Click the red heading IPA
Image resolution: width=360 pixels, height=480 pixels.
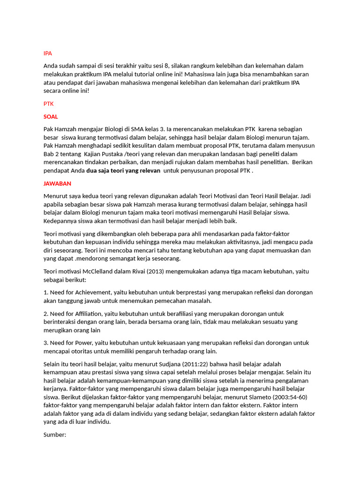click(47, 53)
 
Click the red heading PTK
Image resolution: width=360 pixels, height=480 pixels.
click(48, 104)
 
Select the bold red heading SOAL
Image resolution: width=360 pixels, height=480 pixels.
click(51, 116)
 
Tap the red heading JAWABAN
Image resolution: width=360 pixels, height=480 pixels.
click(57, 183)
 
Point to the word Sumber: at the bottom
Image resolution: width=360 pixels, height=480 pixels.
click(55, 435)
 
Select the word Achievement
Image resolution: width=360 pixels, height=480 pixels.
click(93, 292)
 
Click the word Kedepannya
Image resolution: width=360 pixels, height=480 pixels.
click(61, 221)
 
